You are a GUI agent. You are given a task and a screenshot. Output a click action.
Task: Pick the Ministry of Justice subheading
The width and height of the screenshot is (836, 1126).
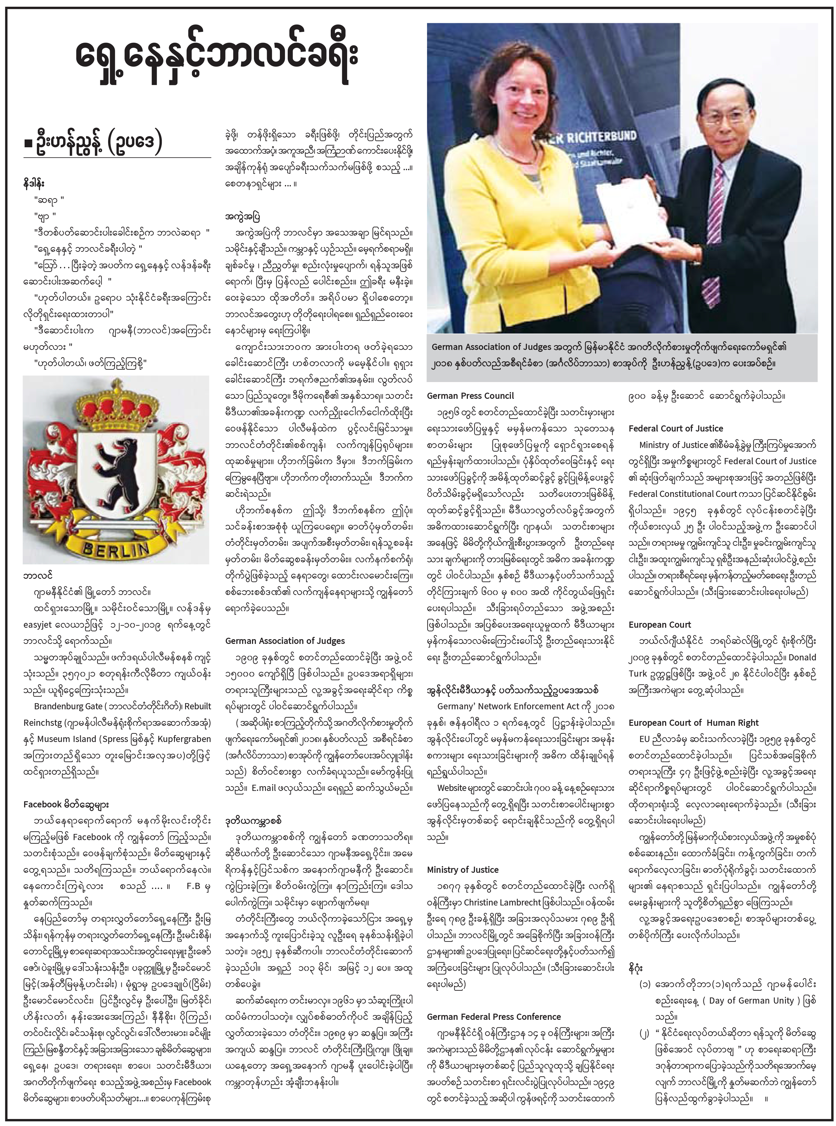[463, 870]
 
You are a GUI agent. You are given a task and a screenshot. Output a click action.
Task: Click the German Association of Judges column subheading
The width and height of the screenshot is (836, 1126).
[285, 641]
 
